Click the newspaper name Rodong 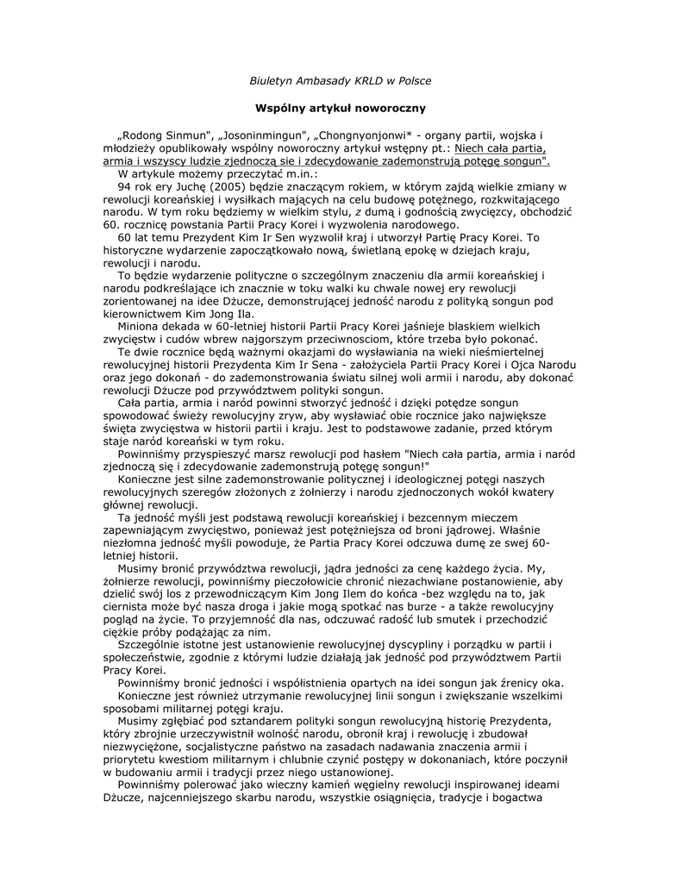[x=143, y=135]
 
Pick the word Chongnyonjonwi [x=364, y=135]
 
